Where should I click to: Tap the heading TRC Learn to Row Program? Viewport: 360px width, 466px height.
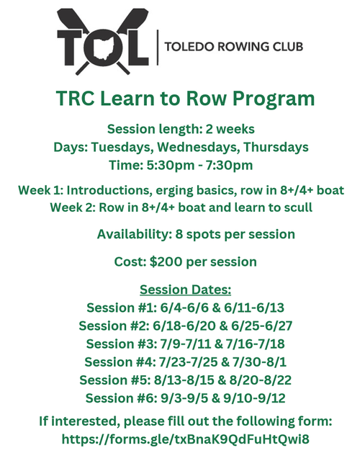click(x=184, y=99)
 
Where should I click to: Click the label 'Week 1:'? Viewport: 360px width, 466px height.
click(x=41, y=191)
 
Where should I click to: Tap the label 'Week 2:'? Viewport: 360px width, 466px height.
click(x=73, y=207)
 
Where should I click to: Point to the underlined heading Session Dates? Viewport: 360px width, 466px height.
click(x=185, y=290)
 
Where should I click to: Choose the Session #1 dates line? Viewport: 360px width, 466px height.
click(x=185, y=308)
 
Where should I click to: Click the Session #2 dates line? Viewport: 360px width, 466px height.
click(x=185, y=326)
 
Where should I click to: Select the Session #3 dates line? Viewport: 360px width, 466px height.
click(x=185, y=344)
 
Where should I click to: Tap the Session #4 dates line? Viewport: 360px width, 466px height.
click(x=185, y=362)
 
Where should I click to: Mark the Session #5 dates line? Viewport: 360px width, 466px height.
click(x=185, y=380)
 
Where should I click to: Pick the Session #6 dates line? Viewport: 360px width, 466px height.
click(x=185, y=398)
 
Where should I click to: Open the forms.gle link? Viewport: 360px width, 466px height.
click(x=185, y=439)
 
